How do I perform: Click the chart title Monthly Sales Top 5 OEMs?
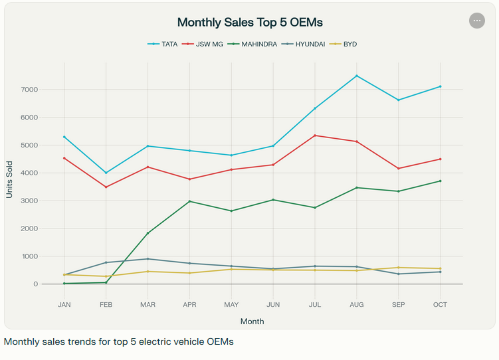(x=250, y=22)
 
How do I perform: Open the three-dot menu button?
(x=476, y=21)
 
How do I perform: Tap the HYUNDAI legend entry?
(x=310, y=45)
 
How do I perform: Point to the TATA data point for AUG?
(x=356, y=76)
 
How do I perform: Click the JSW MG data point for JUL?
(x=314, y=135)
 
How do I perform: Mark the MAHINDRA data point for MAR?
(x=148, y=233)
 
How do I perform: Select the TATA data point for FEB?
(x=106, y=173)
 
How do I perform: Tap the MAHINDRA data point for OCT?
(x=440, y=181)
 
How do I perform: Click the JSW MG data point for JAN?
(x=64, y=158)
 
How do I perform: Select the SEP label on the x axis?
(x=398, y=304)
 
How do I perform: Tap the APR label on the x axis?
(x=189, y=304)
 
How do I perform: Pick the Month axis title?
(x=252, y=321)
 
